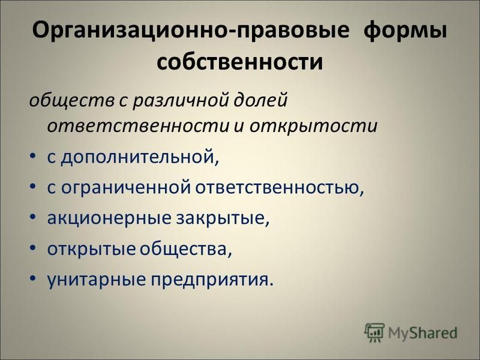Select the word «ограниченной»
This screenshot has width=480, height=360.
[126, 188]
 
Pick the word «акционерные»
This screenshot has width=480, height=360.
[109, 218]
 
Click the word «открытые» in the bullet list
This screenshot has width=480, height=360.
[91, 248]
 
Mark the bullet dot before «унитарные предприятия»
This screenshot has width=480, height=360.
[32, 278]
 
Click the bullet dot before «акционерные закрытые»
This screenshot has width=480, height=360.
[32, 217]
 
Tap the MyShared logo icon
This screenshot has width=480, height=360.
[374, 332]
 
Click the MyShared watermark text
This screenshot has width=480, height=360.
[423, 333]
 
